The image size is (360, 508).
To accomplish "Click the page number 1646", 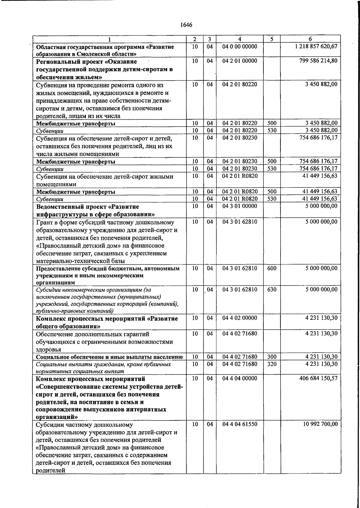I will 186,25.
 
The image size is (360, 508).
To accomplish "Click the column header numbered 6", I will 310,39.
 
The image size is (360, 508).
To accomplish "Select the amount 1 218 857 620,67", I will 316,46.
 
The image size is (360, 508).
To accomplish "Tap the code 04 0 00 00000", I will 240,46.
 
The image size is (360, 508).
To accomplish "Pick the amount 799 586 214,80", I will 318,61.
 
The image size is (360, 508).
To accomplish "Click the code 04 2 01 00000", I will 240,61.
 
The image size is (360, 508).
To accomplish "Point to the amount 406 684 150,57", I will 318,378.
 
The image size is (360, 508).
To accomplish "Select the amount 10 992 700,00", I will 320,424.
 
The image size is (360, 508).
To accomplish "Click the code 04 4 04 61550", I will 240,424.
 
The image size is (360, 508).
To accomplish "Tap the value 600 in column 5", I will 272,268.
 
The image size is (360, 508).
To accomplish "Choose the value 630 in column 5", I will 272,289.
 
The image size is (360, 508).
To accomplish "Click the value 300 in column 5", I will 272,357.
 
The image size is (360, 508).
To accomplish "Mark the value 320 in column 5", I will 272,364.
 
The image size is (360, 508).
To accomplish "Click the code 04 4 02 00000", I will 240,318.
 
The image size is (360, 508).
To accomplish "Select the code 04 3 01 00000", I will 240,206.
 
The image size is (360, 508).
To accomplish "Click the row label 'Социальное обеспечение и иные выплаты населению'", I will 109,357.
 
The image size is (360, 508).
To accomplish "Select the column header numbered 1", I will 109,39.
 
